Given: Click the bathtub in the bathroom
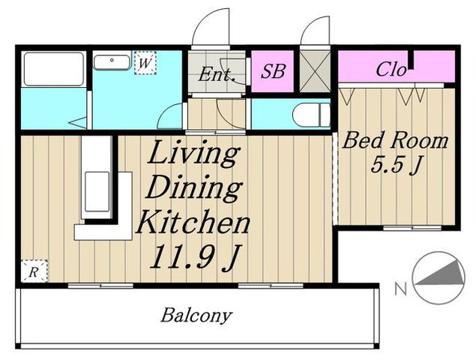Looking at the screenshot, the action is click(x=53, y=69).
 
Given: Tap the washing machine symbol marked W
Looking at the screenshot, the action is click(x=145, y=63).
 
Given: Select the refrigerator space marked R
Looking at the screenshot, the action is click(x=34, y=271).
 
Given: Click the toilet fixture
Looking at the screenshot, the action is click(x=311, y=115).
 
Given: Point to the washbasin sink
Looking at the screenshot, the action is click(x=112, y=62).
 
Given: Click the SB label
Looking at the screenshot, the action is click(x=273, y=71).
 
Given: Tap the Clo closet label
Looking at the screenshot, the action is click(x=391, y=69).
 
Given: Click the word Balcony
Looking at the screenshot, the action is click(x=196, y=316).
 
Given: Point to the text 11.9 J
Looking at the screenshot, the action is click(x=195, y=257).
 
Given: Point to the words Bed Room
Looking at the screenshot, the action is click(x=395, y=140).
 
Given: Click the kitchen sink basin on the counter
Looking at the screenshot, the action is click(x=97, y=192).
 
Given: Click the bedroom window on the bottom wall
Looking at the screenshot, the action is click(x=412, y=227).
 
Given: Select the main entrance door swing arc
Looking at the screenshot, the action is click(x=207, y=18).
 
